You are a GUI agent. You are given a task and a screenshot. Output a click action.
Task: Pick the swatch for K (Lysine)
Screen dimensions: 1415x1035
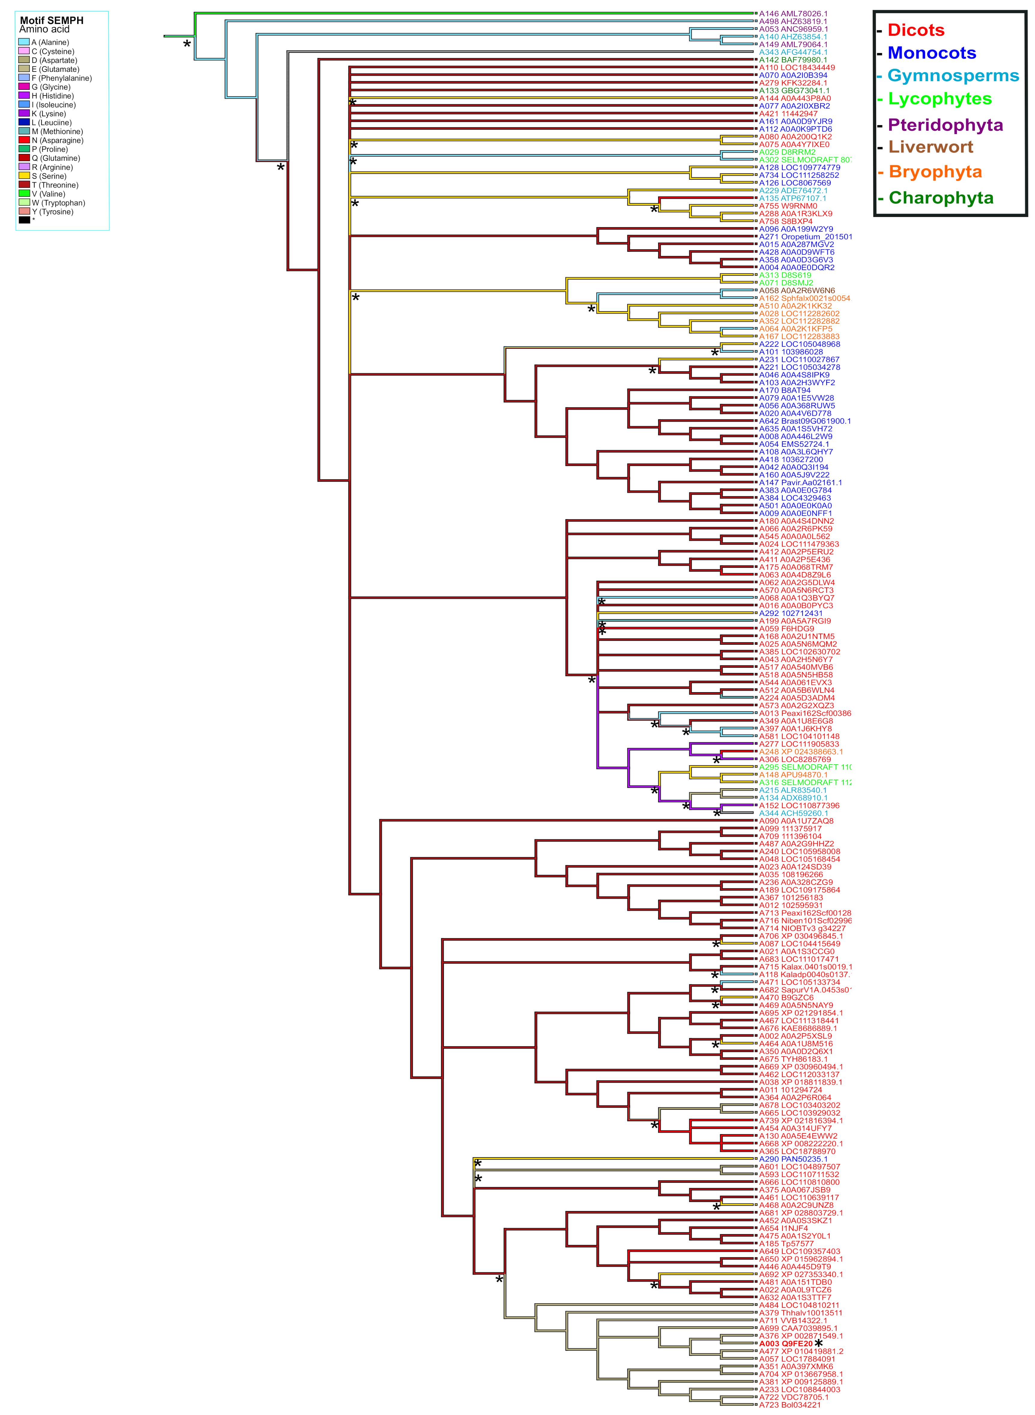24,114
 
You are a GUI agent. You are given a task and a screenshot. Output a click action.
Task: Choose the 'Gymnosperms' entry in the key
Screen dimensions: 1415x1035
953,76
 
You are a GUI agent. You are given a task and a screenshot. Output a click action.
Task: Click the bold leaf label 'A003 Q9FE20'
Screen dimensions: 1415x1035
786,1343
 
